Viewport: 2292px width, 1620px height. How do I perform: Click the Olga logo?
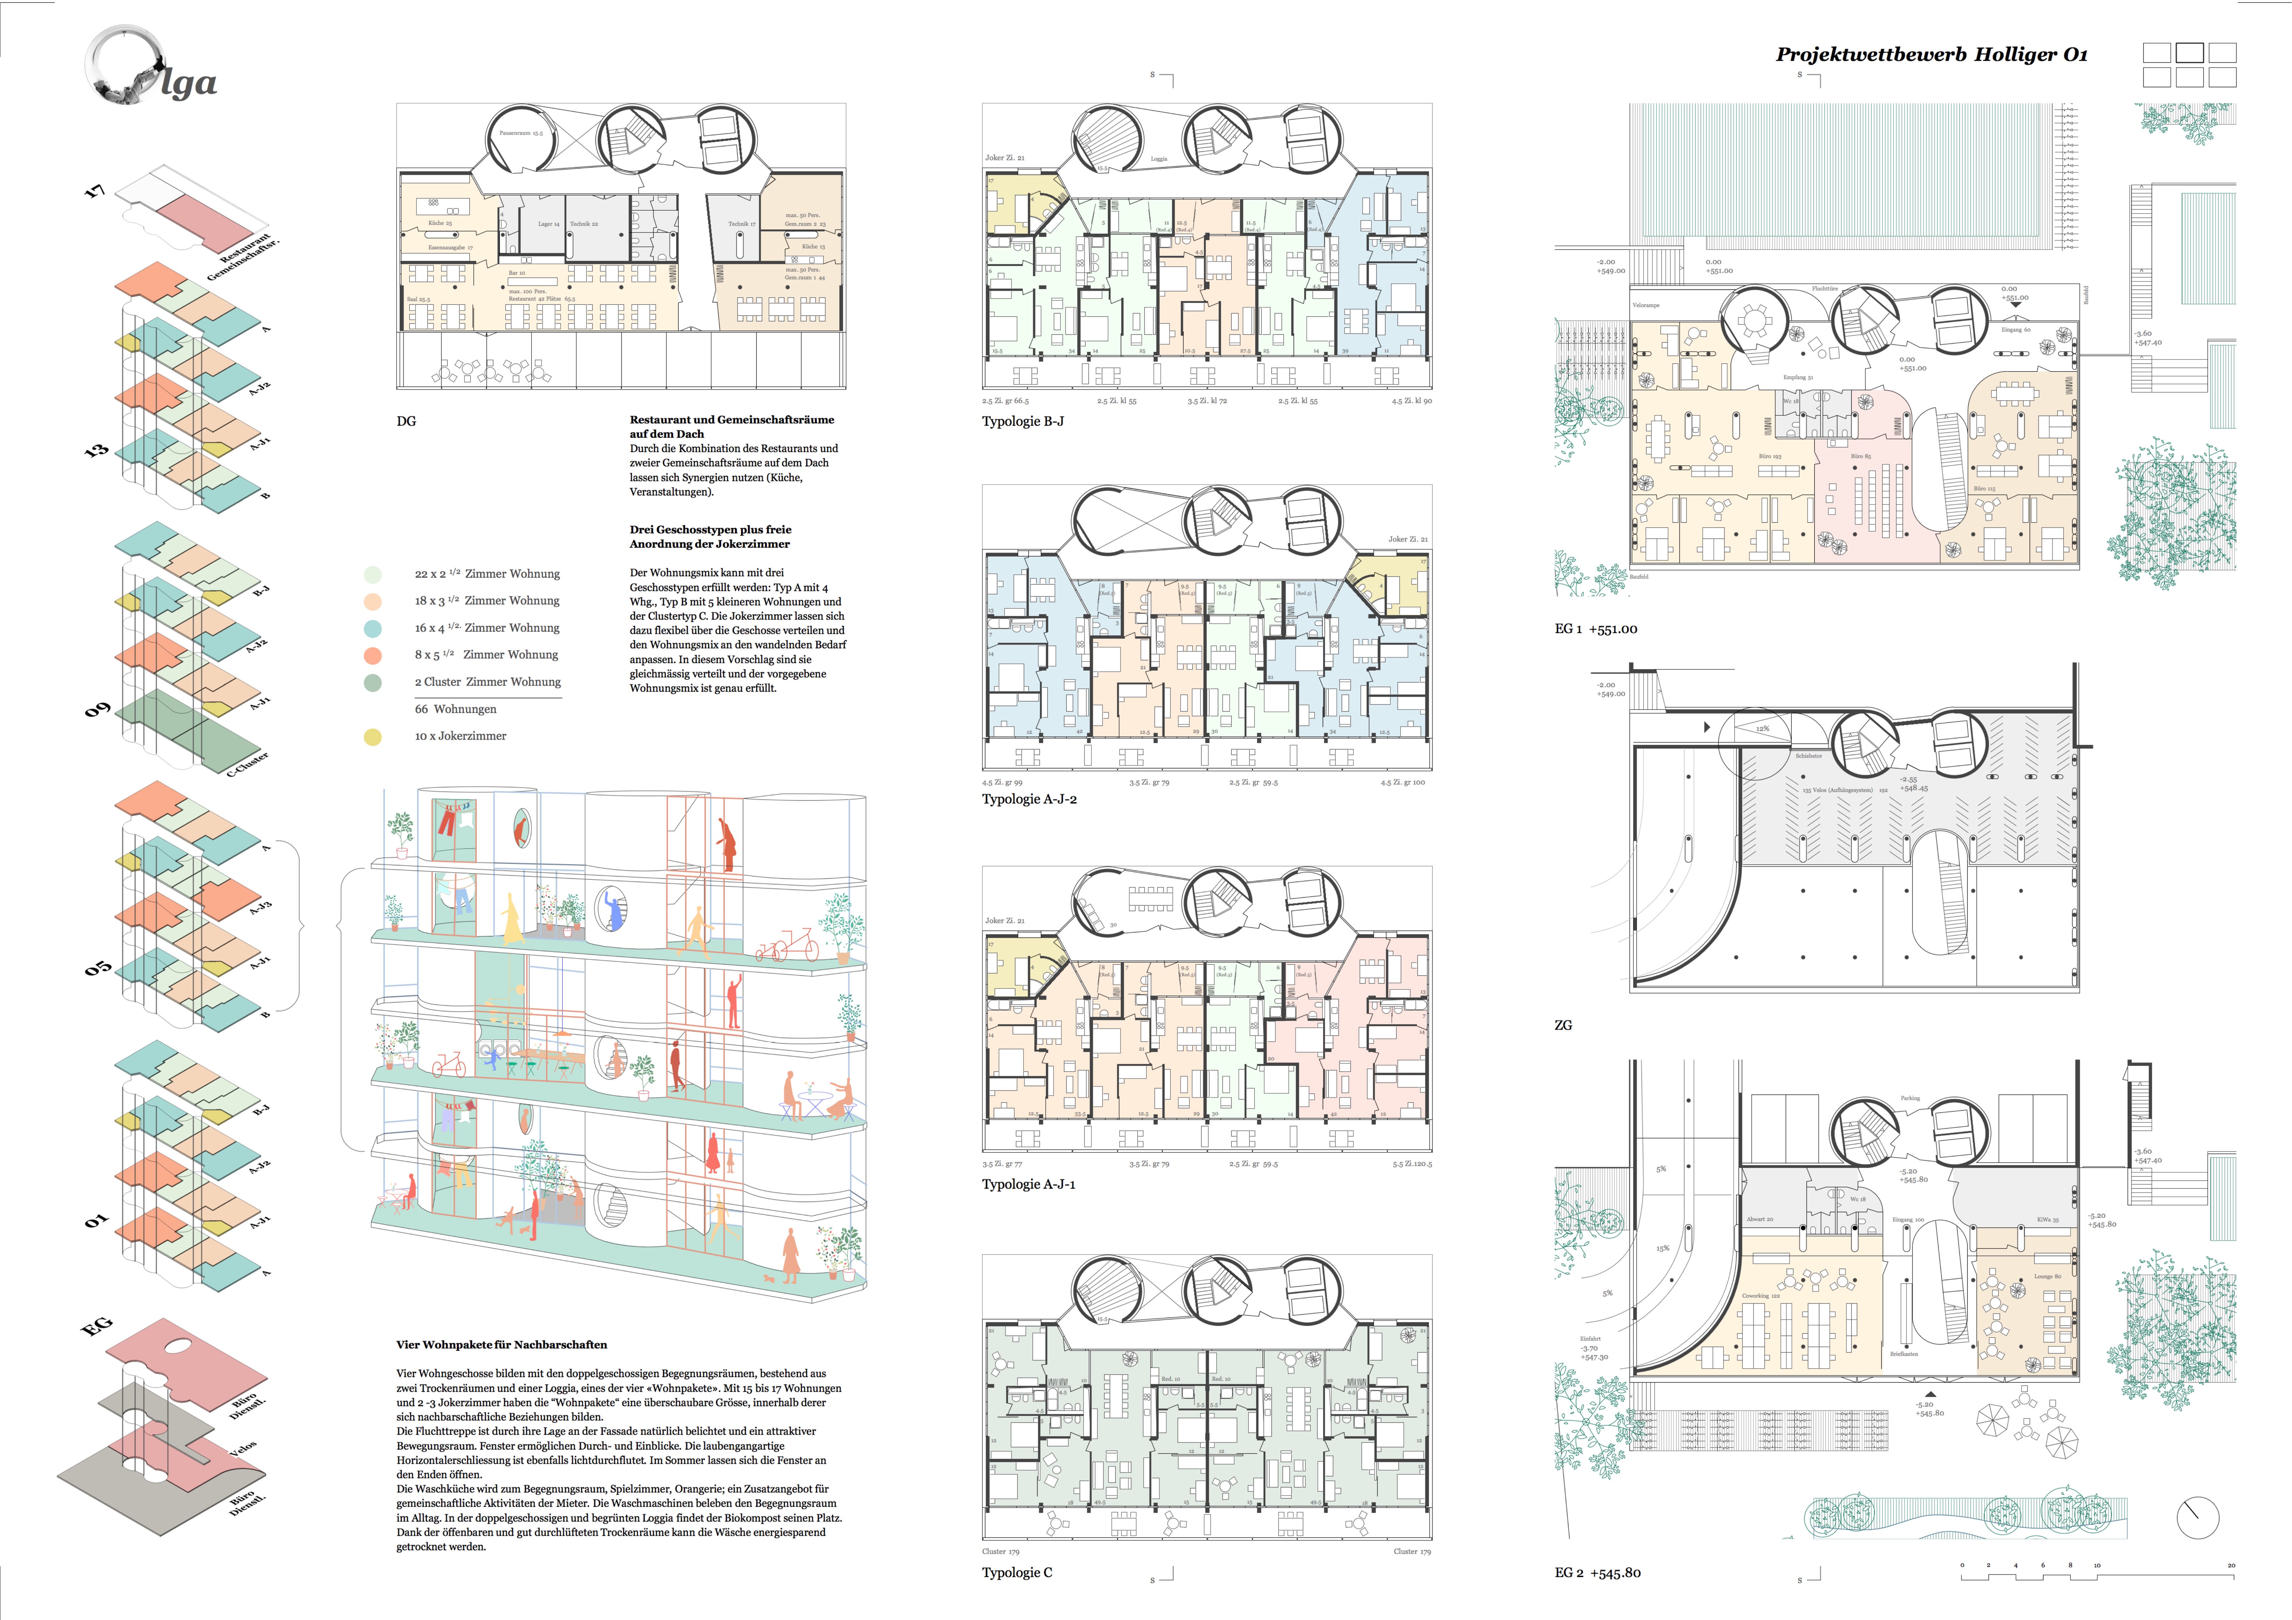150,70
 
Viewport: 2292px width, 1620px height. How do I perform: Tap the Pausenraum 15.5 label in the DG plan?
521,133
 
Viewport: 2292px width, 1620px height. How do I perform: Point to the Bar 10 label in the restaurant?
516,272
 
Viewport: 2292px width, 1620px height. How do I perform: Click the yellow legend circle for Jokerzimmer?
372,737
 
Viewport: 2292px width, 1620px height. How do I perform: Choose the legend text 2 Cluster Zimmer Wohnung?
487,682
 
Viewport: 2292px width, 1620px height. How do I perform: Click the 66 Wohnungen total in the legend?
455,709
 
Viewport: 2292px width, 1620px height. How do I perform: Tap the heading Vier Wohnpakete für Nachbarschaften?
501,1344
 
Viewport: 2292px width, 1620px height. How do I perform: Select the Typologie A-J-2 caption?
1028,798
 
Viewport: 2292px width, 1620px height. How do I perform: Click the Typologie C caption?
1016,1572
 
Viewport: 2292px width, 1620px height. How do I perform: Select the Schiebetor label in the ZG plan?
1808,756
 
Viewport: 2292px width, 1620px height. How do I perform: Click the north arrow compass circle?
2196,1518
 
